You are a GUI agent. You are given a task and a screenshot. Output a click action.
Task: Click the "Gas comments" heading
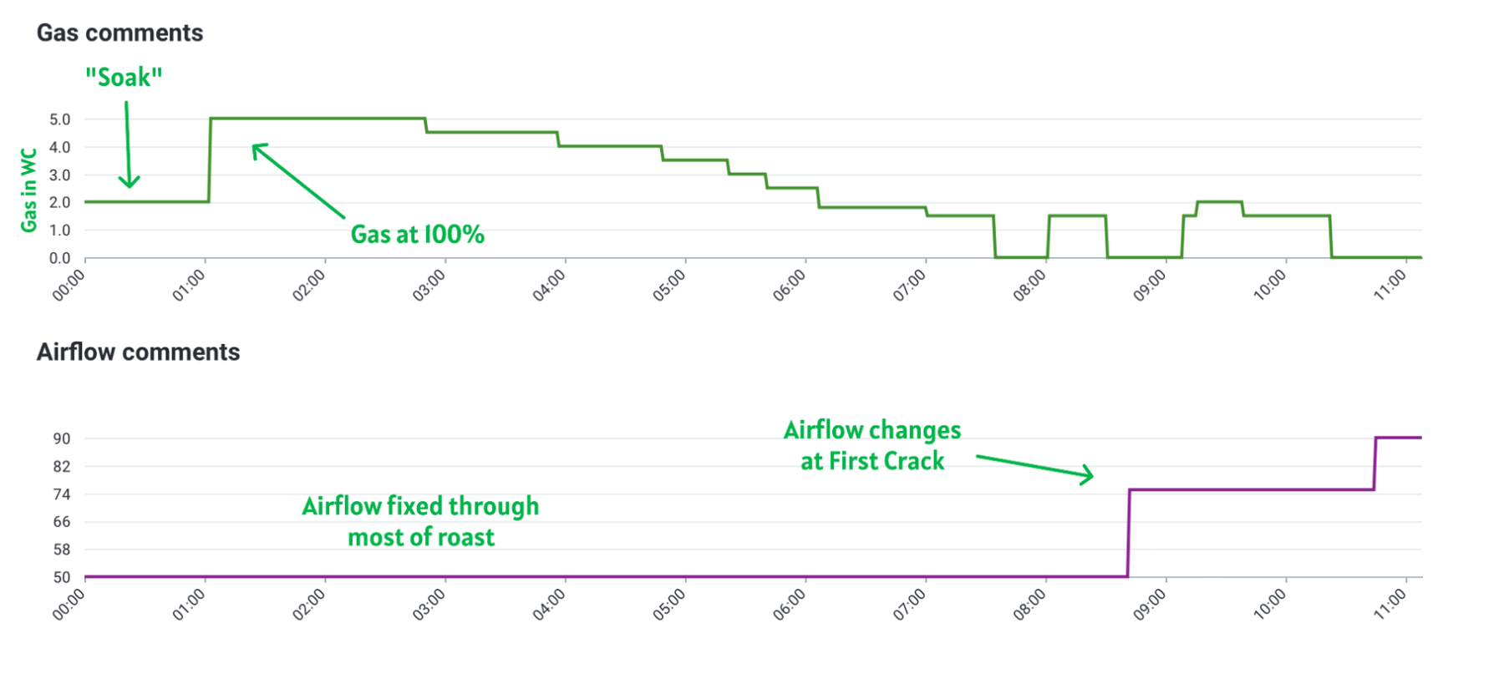coord(119,33)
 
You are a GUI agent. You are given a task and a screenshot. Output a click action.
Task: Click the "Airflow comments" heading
coord(138,352)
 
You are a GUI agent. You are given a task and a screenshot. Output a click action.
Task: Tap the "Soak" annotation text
coord(124,78)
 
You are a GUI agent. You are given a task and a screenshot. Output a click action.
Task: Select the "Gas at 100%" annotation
coord(417,234)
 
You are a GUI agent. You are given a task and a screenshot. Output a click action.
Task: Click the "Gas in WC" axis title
coord(29,190)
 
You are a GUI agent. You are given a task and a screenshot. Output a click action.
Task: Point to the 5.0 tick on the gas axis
coord(60,119)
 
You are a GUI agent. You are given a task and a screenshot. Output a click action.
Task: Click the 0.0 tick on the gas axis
coord(60,258)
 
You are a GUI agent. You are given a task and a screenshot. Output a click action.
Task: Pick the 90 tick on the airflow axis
coord(62,438)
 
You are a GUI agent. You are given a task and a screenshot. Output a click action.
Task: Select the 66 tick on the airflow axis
coord(62,522)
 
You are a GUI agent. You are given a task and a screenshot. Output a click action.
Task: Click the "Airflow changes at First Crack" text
coord(872,445)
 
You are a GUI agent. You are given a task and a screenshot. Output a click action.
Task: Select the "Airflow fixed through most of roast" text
coord(420,521)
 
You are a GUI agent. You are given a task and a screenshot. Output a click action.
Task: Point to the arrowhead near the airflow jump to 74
coord(1086,475)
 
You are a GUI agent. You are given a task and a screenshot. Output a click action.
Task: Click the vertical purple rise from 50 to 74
coord(1129,535)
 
